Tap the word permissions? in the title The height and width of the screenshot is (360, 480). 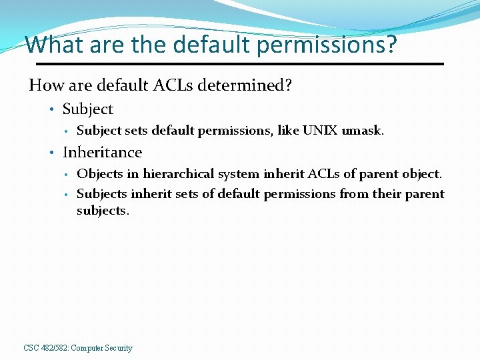326,45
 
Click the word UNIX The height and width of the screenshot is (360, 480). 320,131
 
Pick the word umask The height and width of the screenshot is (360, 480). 363,131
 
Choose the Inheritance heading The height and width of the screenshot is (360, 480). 102,153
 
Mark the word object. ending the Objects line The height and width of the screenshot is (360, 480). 421,174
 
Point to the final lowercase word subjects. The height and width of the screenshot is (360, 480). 103,211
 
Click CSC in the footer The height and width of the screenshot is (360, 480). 31,348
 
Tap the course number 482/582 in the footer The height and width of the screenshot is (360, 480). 55,348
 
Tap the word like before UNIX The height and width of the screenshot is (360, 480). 288,131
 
